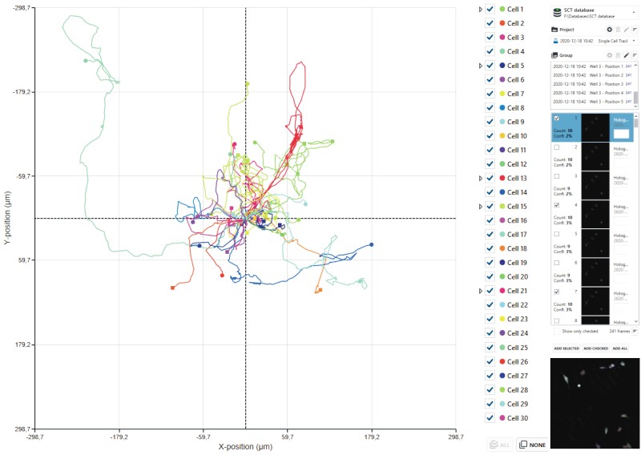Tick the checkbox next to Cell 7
(490, 94)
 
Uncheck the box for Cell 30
(490, 417)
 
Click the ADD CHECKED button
(595, 349)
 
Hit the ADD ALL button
(619, 349)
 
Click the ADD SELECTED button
(566, 349)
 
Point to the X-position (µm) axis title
(246, 447)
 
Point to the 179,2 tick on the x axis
(372, 437)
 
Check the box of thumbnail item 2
(557, 147)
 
